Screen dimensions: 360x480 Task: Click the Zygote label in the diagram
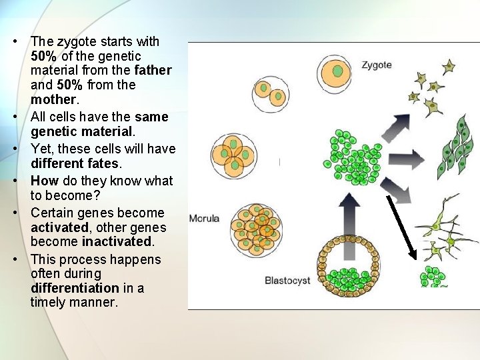(x=377, y=65)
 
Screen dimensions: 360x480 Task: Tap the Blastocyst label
(x=287, y=280)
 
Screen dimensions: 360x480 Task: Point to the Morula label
(x=205, y=219)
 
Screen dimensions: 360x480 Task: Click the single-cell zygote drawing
(x=337, y=72)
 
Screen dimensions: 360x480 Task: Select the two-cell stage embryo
(x=270, y=93)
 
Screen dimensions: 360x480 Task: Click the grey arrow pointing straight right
(x=407, y=159)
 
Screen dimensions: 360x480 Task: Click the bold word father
(x=153, y=70)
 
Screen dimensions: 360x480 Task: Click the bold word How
(x=45, y=181)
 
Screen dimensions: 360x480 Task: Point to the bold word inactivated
(x=117, y=241)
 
